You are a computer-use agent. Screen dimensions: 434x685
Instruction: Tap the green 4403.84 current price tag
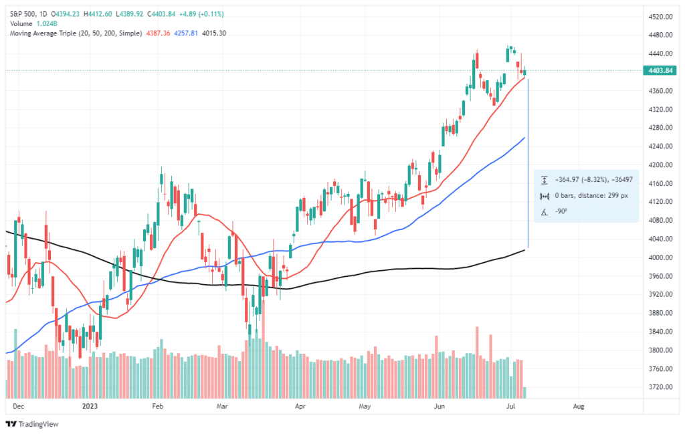pyautogui.click(x=659, y=70)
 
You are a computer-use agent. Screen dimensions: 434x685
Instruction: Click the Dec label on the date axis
pyautogui.click(x=18, y=405)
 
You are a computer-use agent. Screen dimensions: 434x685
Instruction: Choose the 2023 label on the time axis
pyautogui.click(x=90, y=405)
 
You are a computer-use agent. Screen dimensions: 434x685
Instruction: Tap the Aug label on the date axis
pyautogui.click(x=579, y=405)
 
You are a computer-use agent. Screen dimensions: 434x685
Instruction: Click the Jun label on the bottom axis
pyautogui.click(x=439, y=405)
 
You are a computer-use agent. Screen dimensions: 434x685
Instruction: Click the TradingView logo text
pyautogui.click(x=37, y=424)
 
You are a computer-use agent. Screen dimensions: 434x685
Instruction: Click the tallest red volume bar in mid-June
pyautogui.click(x=477, y=354)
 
